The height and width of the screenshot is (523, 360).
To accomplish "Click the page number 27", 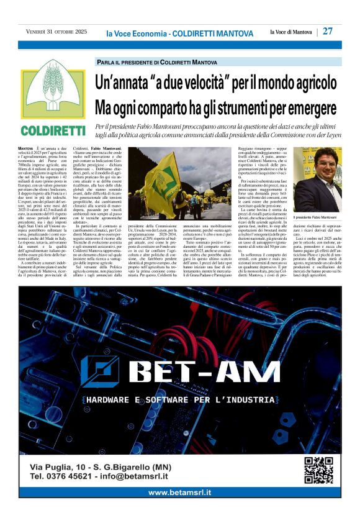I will click(x=328, y=31).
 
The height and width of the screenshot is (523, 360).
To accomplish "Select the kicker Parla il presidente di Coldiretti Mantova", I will click(x=156, y=63).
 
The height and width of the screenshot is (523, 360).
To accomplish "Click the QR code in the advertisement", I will click(x=318, y=470).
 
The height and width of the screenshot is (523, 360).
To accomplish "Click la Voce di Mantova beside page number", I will click(x=290, y=32).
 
